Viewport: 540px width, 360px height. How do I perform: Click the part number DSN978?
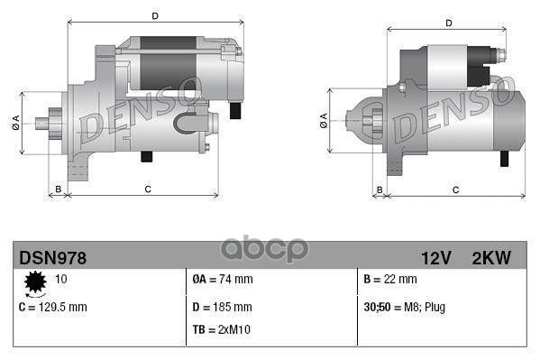click(x=52, y=258)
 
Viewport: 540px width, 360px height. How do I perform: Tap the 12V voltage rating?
click(x=435, y=258)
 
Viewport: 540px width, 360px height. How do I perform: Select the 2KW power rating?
click(x=490, y=258)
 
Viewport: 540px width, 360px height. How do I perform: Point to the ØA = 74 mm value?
click(x=223, y=280)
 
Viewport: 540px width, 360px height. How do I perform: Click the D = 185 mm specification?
click(x=222, y=307)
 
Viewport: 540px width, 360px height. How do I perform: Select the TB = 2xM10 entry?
click(x=224, y=329)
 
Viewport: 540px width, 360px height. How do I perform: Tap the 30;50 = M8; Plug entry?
click(x=404, y=307)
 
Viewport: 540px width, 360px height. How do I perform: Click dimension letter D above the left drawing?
click(x=154, y=16)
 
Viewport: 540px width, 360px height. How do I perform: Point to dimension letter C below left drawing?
click(x=147, y=189)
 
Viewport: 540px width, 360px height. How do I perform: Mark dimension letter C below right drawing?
click(x=455, y=189)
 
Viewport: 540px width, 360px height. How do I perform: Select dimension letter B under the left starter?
click(x=59, y=189)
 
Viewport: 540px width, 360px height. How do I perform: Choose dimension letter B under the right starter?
click(x=379, y=189)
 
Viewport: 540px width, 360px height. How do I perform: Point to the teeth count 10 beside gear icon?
click(x=61, y=280)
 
